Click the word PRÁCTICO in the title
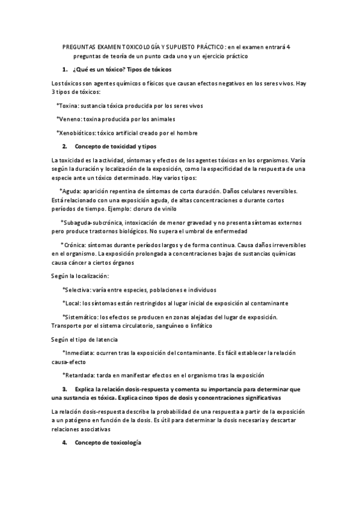point(204,47)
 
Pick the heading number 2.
point(64,146)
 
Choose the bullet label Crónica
point(74,245)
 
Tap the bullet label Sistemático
point(81,317)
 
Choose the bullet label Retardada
point(81,375)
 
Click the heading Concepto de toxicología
point(108,443)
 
